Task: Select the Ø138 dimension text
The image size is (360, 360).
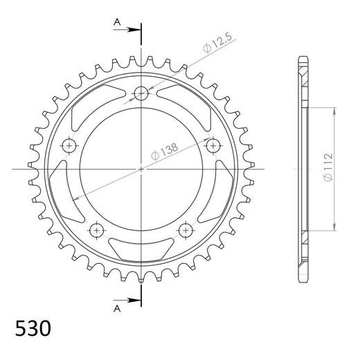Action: coord(165,151)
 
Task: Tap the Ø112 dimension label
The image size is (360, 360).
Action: coord(328,167)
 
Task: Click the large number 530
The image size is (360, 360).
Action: coord(33,328)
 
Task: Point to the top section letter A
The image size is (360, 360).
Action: coord(117,22)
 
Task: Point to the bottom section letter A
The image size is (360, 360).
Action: coord(117,308)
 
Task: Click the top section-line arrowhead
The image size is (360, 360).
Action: coord(134,30)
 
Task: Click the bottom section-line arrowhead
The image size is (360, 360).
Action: coord(134,300)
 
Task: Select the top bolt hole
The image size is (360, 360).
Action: coord(141,93)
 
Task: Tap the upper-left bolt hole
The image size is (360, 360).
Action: coord(69,145)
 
